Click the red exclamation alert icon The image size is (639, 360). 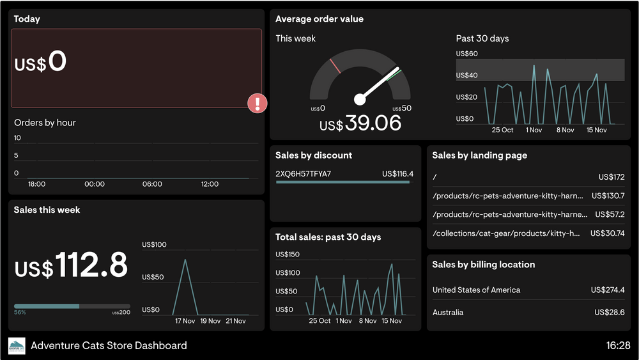(x=257, y=103)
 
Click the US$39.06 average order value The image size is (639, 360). (x=360, y=123)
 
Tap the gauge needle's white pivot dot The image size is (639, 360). (x=360, y=99)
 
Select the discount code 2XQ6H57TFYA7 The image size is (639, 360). (x=304, y=174)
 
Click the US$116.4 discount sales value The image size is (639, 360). (x=397, y=174)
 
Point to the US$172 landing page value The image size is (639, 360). (x=612, y=177)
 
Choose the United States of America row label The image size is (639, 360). (x=476, y=290)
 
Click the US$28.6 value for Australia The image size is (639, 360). (x=609, y=313)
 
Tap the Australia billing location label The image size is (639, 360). (x=448, y=313)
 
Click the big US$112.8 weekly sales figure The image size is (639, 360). (x=71, y=266)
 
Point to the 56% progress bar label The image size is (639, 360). (x=20, y=313)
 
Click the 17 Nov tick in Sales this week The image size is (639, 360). (x=185, y=321)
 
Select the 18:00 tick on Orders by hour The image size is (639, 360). (x=37, y=184)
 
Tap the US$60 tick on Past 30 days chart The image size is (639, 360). (x=466, y=54)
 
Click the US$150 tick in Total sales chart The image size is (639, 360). (x=288, y=254)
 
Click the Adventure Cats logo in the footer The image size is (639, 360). (x=17, y=346)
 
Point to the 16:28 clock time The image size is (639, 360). (x=618, y=346)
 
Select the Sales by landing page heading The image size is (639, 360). (x=479, y=155)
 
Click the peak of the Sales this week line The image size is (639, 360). (x=185, y=260)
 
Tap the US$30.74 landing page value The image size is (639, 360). (x=607, y=234)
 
